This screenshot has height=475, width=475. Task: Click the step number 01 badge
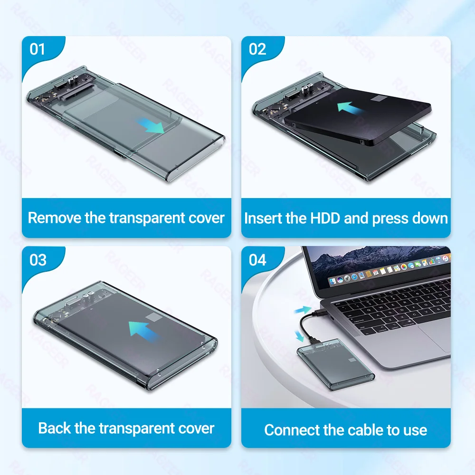pyautogui.click(x=38, y=49)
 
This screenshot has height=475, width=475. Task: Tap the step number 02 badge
pyautogui.click(x=257, y=49)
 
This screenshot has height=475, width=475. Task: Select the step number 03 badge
pyautogui.click(x=38, y=260)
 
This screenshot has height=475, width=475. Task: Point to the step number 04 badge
pyautogui.click(x=257, y=260)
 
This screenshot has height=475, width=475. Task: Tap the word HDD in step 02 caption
pyautogui.click(x=326, y=218)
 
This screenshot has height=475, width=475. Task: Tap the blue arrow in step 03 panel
pyautogui.click(x=145, y=329)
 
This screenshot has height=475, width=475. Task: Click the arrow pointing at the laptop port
pyautogui.click(x=303, y=310)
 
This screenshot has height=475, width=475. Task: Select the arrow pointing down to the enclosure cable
pyautogui.click(x=299, y=336)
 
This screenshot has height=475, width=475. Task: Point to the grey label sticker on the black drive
pyautogui.click(x=383, y=99)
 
